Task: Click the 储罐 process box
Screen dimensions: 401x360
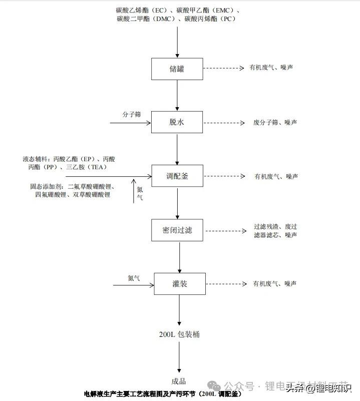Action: [x=177, y=69]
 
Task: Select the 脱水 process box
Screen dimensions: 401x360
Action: [x=177, y=122]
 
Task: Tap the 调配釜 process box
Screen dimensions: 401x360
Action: [x=177, y=176]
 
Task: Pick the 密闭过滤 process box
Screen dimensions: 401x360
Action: [x=177, y=230]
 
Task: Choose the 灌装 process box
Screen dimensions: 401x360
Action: [x=179, y=284]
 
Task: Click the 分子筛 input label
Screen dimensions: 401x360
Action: [x=131, y=114]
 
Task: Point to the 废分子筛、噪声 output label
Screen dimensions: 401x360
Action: [x=275, y=122]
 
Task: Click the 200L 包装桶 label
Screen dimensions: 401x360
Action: [x=179, y=334]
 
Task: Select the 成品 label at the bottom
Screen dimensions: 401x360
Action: [x=179, y=381]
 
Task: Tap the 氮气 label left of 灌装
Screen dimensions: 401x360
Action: [x=134, y=277]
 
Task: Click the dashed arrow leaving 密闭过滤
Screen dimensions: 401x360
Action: [x=225, y=231]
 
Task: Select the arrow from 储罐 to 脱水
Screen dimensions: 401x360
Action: [x=177, y=95]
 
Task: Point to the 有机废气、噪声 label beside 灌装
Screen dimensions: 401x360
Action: [x=275, y=283]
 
